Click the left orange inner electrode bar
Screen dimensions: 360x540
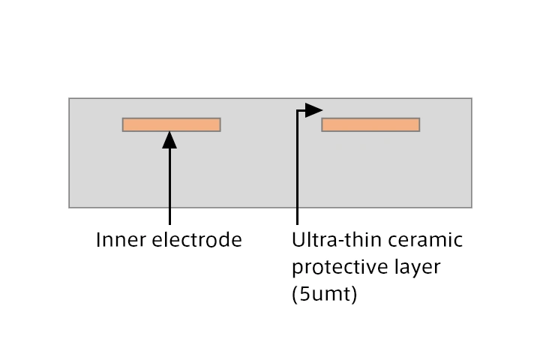pyautogui.click(x=171, y=124)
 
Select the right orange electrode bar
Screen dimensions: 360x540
pyautogui.click(x=370, y=124)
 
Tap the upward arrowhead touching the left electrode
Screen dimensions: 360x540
pyautogui.click(x=170, y=139)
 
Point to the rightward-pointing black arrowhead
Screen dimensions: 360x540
pyautogui.click(x=313, y=111)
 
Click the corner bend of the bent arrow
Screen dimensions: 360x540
pyautogui.click(x=298, y=111)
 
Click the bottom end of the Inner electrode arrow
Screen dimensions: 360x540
pyautogui.click(x=170, y=224)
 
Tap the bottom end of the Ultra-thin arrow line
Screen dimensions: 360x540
pyautogui.click(x=298, y=224)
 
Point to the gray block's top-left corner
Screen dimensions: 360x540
pyautogui.click(x=70, y=98)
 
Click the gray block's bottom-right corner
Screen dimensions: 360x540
pyautogui.click(x=471, y=207)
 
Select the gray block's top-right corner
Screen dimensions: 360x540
pyautogui.click(x=471, y=98)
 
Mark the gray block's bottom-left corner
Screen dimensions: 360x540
pyautogui.click(x=70, y=207)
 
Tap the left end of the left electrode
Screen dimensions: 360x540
pyautogui.click(x=124, y=124)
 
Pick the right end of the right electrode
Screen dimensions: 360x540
pyautogui.click(x=418, y=124)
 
